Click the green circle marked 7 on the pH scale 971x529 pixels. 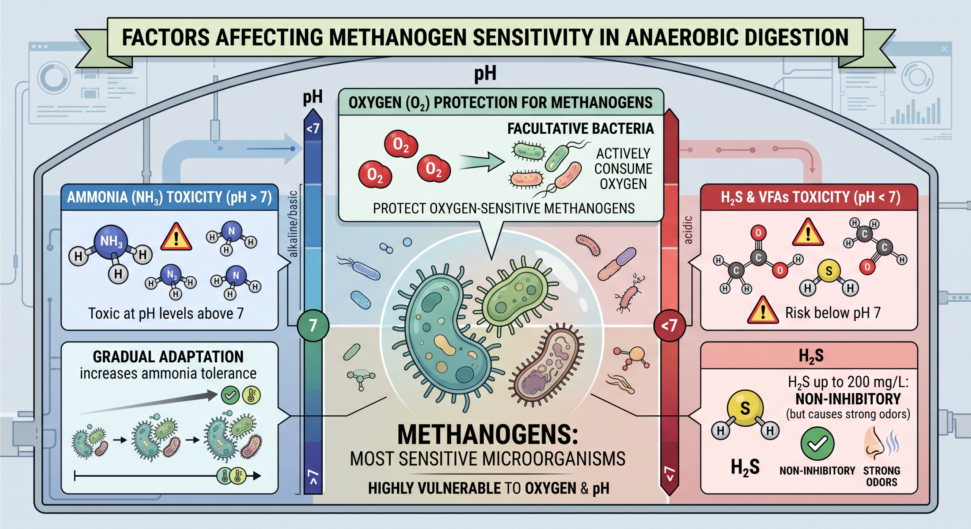(313, 326)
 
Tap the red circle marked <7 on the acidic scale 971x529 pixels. (670, 326)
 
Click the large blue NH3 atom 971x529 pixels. (111, 242)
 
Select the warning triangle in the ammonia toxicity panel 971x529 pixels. (176, 237)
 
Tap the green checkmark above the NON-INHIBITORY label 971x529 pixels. (817, 444)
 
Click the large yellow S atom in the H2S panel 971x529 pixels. (745, 408)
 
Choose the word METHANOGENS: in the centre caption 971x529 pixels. (488, 435)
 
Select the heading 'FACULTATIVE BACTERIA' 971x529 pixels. (581, 129)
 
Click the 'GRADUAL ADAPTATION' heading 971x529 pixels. (168, 357)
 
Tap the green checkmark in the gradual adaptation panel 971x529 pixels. (230, 396)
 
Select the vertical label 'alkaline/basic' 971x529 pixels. (293, 224)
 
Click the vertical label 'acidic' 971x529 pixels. (688, 230)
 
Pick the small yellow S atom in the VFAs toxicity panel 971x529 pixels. (829, 271)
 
